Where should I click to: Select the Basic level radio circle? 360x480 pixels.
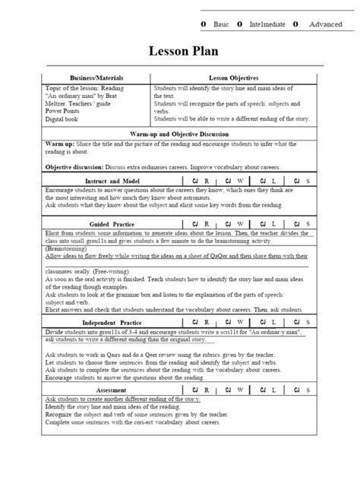204,24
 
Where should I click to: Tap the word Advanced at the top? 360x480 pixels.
325,24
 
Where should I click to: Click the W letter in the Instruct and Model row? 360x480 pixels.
242,182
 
